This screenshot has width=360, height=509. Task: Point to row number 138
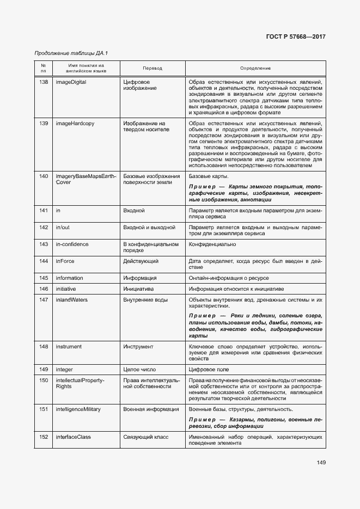pos(44,82)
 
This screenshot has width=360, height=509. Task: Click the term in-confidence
pos(72,244)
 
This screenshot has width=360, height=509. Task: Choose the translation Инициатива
pos(139,289)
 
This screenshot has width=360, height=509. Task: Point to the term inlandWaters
pos(71,299)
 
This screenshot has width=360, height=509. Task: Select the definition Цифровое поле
pos(209,370)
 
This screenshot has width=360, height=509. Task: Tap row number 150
pos(44,380)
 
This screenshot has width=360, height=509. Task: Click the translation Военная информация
pos(151,409)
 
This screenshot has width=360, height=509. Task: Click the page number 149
pos(321,463)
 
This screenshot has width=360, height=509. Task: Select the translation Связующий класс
pos(146,437)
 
